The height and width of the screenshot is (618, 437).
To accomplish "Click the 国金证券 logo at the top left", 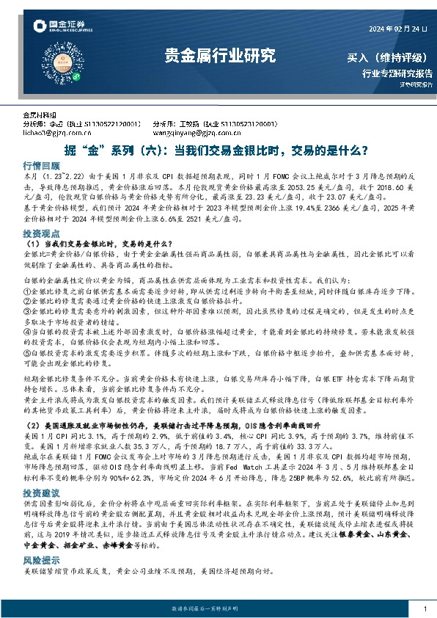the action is (62, 28).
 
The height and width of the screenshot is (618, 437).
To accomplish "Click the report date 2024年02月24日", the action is (396, 29).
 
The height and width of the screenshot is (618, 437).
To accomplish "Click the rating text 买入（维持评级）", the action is (389, 58).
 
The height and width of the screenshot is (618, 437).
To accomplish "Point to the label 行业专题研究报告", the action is (397, 73).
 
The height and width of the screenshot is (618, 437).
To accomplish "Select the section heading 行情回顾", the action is (41, 166).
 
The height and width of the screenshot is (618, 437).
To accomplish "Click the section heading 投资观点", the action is (41, 231).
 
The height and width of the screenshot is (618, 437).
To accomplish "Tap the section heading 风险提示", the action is (41, 538).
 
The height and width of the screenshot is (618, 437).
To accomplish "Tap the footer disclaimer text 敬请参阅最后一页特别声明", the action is (218, 608).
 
